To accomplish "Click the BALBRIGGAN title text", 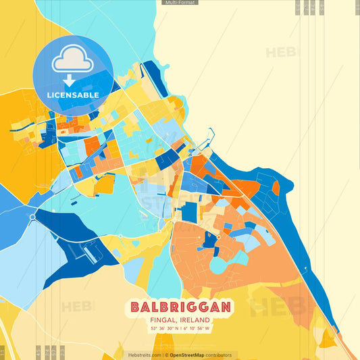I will coord(180,307).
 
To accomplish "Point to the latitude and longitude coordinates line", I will coord(180,329).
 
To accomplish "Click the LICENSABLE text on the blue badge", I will coord(73,95).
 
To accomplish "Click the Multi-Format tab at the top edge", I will coord(180,3).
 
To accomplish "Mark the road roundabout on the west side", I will coord(32,216).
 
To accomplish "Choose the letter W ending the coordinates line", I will coord(207,329).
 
